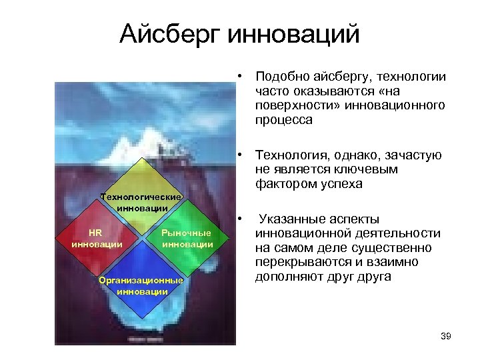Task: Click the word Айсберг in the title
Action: pyautogui.click(x=170, y=33)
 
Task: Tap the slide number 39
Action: pyautogui.click(x=446, y=336)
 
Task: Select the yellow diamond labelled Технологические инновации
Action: pyautogui.click(x=141, y=193)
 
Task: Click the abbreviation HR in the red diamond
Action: pyautogui.click(x=96, y=233)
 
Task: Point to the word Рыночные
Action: pyautogui.click(x=186, y=233)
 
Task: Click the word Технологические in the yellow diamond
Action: pyautogui.click(x=141, y=197)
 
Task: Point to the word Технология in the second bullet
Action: pyautogui.click(x=287, y=155)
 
